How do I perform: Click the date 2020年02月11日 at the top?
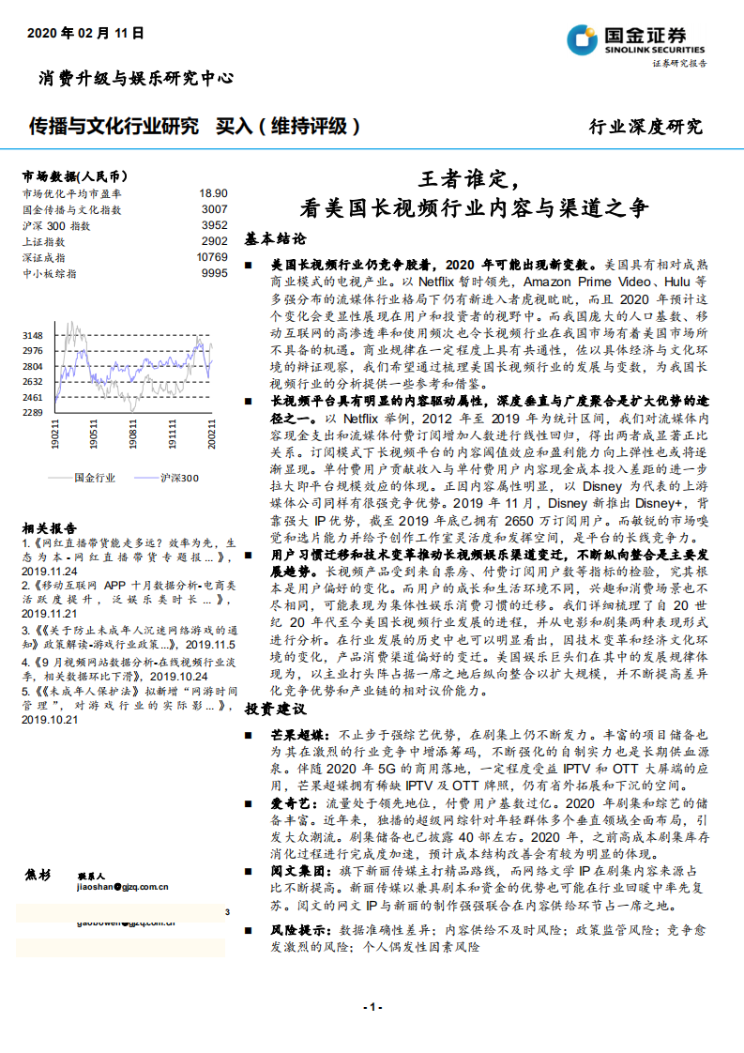tap(85, 33)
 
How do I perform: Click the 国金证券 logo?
tap(635, 40)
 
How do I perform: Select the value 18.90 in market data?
tap(213, 192)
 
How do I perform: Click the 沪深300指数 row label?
tap(56, 225)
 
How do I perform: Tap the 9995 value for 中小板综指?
tap(214, 273)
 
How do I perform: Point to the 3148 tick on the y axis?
tap(33, 335)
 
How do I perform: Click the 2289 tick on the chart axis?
tap(33, 412)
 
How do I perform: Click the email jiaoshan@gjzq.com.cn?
tap(123, 885)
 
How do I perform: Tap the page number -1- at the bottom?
tap(372, 1007)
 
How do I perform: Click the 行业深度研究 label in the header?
tap(645, 127)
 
